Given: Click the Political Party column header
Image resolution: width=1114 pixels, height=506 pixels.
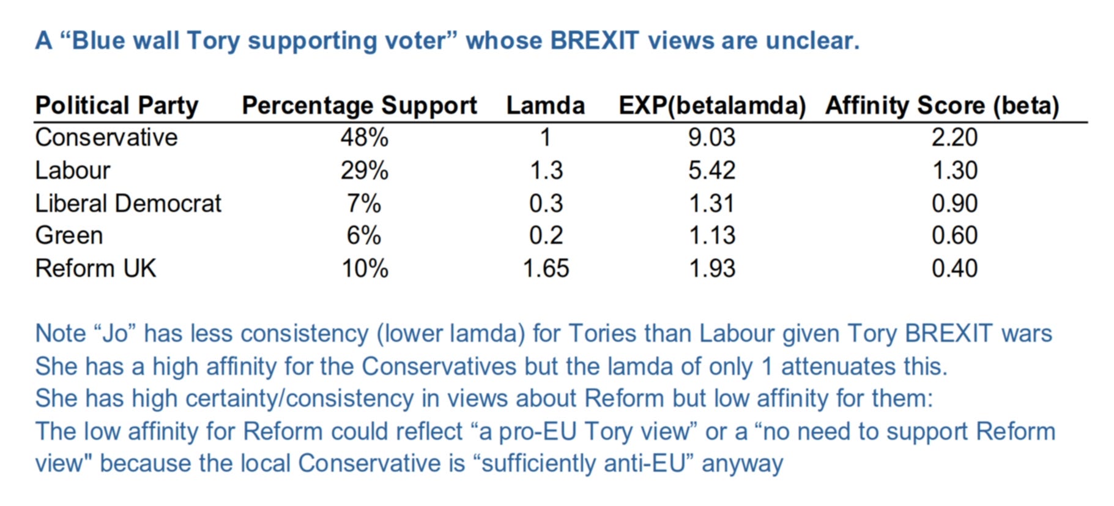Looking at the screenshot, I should coord(117,105).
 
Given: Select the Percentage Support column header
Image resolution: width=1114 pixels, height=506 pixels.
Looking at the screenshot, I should coord(359,105).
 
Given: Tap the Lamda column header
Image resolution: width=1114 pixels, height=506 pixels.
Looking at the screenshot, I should coord(545,105).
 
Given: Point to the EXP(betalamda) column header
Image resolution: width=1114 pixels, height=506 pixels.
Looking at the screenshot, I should coord(712,105).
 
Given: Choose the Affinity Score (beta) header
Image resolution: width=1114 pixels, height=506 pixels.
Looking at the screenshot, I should coord(942,105).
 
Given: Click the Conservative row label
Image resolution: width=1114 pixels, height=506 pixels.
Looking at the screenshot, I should coord(106,137).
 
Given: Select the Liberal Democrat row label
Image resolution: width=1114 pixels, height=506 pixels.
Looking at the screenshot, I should coord(128,203).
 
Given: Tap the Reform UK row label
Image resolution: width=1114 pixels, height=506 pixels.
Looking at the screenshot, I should coord(95,268).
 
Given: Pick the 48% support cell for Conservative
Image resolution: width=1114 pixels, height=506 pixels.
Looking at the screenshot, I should coord(364,137).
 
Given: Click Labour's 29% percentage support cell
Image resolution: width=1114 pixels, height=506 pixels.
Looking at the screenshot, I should coord(364,170).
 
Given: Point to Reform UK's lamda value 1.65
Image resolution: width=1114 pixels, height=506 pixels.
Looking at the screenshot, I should coord(546,268).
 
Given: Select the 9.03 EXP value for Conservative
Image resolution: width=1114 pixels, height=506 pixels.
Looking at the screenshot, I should coord(711,137).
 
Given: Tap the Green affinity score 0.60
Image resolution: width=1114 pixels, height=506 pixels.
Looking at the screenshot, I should coord(954,236).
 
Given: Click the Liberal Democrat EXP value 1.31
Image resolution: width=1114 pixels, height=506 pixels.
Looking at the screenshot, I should coord(711,203).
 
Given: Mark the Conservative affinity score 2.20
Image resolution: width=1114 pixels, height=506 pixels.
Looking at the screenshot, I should coord(954,137).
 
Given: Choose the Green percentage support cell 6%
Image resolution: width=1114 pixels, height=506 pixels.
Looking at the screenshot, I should coord(364,236).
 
